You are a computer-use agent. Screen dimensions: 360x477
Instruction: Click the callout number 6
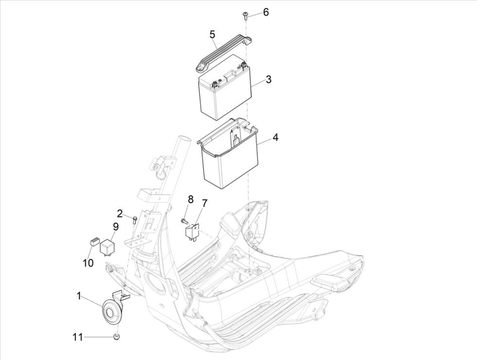click(266, 12)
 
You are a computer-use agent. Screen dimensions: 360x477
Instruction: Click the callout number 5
click(212, 34)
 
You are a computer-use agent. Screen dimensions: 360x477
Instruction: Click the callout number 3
click(268, 79)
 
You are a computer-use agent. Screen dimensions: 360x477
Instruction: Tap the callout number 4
click(275, 138)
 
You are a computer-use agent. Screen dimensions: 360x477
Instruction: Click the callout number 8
click(191, 199)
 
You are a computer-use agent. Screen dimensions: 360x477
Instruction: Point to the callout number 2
click(119, 213)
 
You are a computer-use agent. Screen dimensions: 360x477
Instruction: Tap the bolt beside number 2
click(132, 219)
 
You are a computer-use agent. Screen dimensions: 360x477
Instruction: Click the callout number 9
click(116, 226)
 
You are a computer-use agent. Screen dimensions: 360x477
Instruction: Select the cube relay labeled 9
click(107, 246)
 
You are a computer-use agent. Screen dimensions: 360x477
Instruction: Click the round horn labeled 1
click(111, 310)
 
